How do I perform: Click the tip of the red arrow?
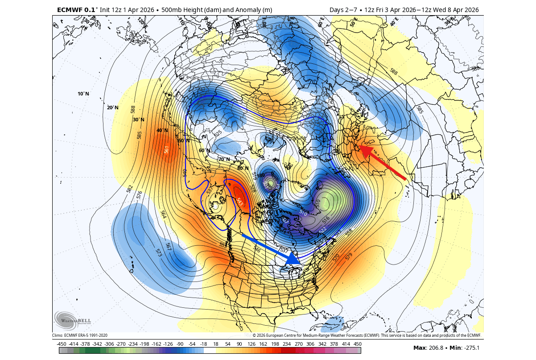point(360,146)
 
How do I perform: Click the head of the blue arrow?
point(293,258)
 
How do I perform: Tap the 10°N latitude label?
point(83,94)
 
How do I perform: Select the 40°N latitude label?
point(162,130)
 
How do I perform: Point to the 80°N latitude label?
point(243,168)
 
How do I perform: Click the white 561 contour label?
point(167,150)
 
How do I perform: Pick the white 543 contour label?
point(240,202)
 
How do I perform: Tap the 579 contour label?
point(349,256)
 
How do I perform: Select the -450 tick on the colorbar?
point(62,343)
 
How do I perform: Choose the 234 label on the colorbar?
point(286,343)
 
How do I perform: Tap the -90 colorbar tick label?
point(180,343)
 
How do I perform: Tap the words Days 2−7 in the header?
point(342,10)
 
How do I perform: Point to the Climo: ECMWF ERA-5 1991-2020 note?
point(80,335)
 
